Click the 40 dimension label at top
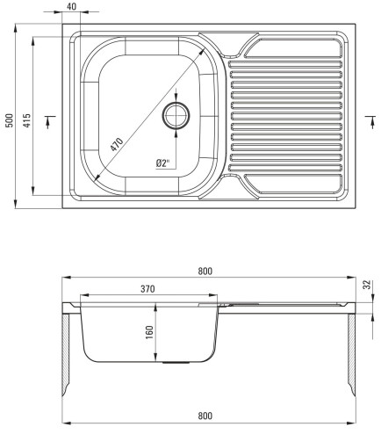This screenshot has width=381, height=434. pos(71,6)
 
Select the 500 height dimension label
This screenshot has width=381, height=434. pos(10,120)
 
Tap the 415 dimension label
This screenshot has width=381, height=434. pos(26,120)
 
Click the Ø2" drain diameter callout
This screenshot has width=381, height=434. pos(163,163)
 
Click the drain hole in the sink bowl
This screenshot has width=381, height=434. pos(176,115)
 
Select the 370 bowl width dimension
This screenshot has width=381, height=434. pos(147,289)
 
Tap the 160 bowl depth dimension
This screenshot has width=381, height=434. pos(149,332)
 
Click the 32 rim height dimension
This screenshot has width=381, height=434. pos(367,285)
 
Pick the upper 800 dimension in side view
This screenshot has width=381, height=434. pos(205,271)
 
